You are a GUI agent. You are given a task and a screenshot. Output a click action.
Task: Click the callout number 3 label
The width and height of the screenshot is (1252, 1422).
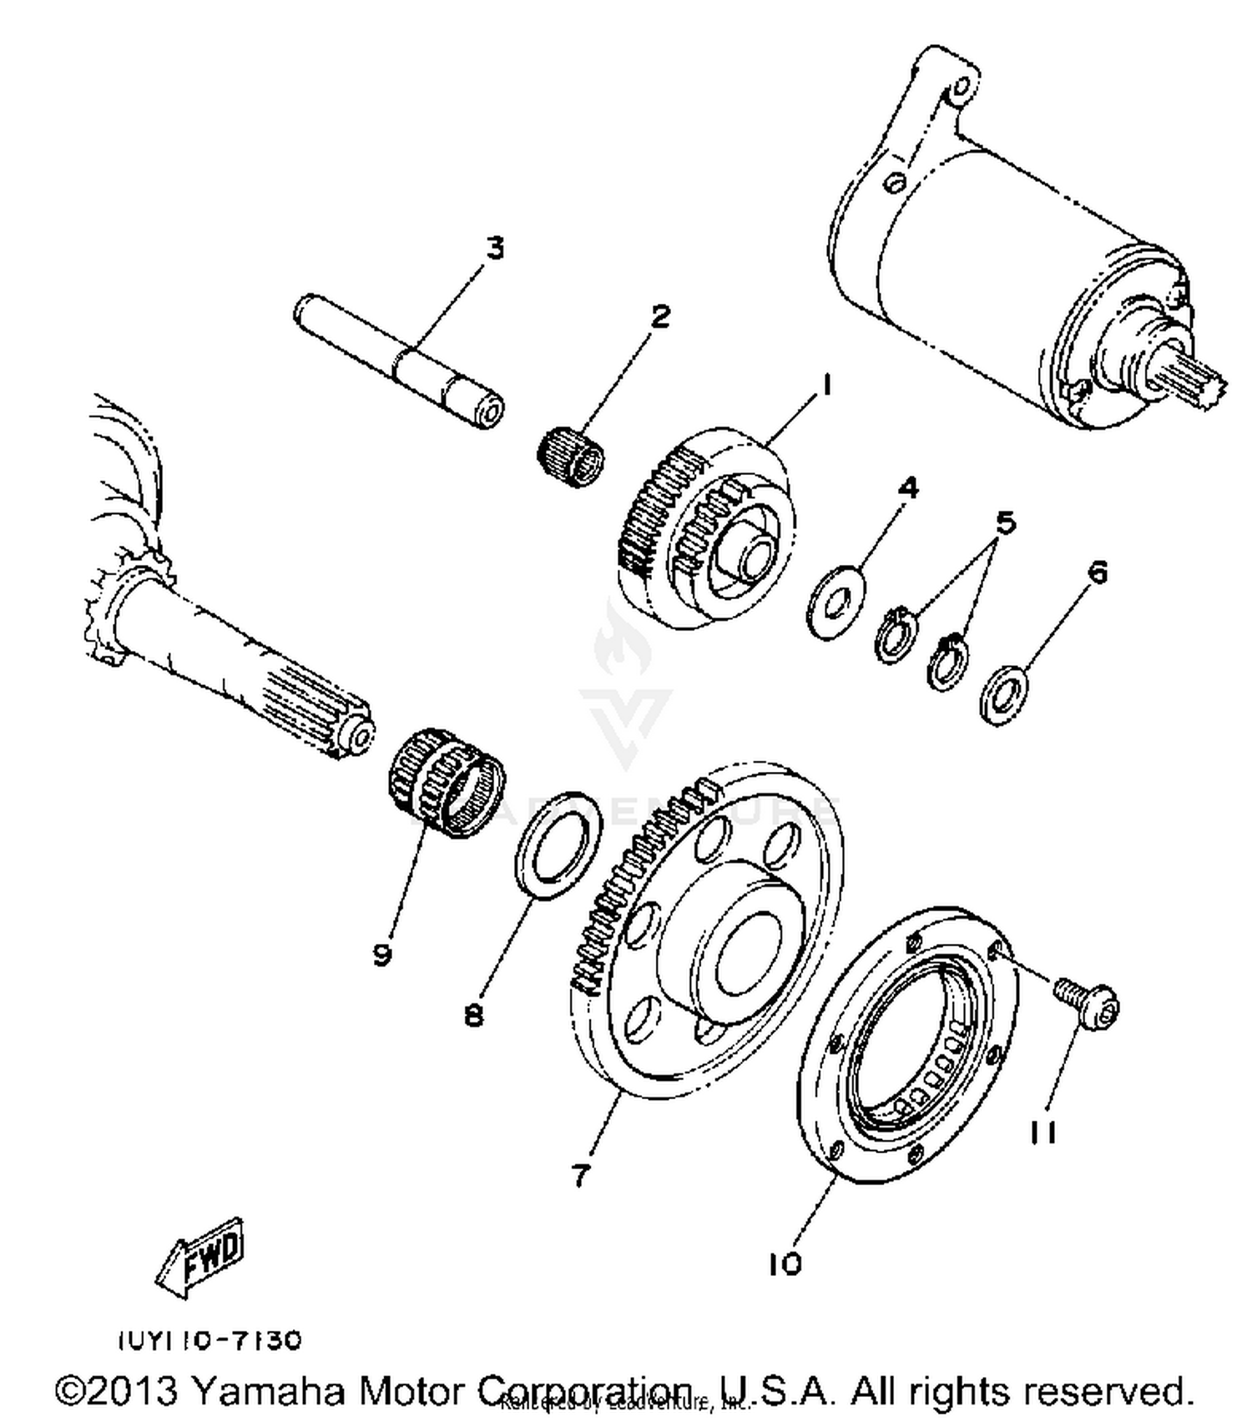tap(496, 248)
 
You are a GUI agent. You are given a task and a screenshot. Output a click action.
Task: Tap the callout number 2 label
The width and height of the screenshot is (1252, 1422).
tap(660, 316)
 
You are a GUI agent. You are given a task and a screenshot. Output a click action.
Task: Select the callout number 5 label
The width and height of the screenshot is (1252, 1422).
tap(1006, 523)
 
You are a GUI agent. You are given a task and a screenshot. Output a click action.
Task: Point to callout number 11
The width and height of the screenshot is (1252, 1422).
tap(1042, 1132)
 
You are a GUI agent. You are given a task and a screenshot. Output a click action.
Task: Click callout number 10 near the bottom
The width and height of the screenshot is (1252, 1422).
tap(785, 1264)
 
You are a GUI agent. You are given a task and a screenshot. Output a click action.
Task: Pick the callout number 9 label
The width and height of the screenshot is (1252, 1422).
tap(382, 954)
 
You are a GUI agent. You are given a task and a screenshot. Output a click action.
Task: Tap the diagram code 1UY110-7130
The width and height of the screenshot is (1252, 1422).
tap(208, 1340)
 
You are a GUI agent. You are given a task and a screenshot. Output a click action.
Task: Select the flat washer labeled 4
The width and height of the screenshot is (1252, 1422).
tap(836, 601)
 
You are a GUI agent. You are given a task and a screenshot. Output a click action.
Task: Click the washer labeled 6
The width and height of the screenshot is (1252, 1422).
tap(1003, 694)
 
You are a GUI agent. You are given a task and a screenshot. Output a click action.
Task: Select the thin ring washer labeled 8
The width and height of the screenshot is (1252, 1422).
tap(558, 845)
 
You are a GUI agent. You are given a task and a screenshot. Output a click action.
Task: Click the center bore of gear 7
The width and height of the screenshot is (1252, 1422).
tap(748, 953)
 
